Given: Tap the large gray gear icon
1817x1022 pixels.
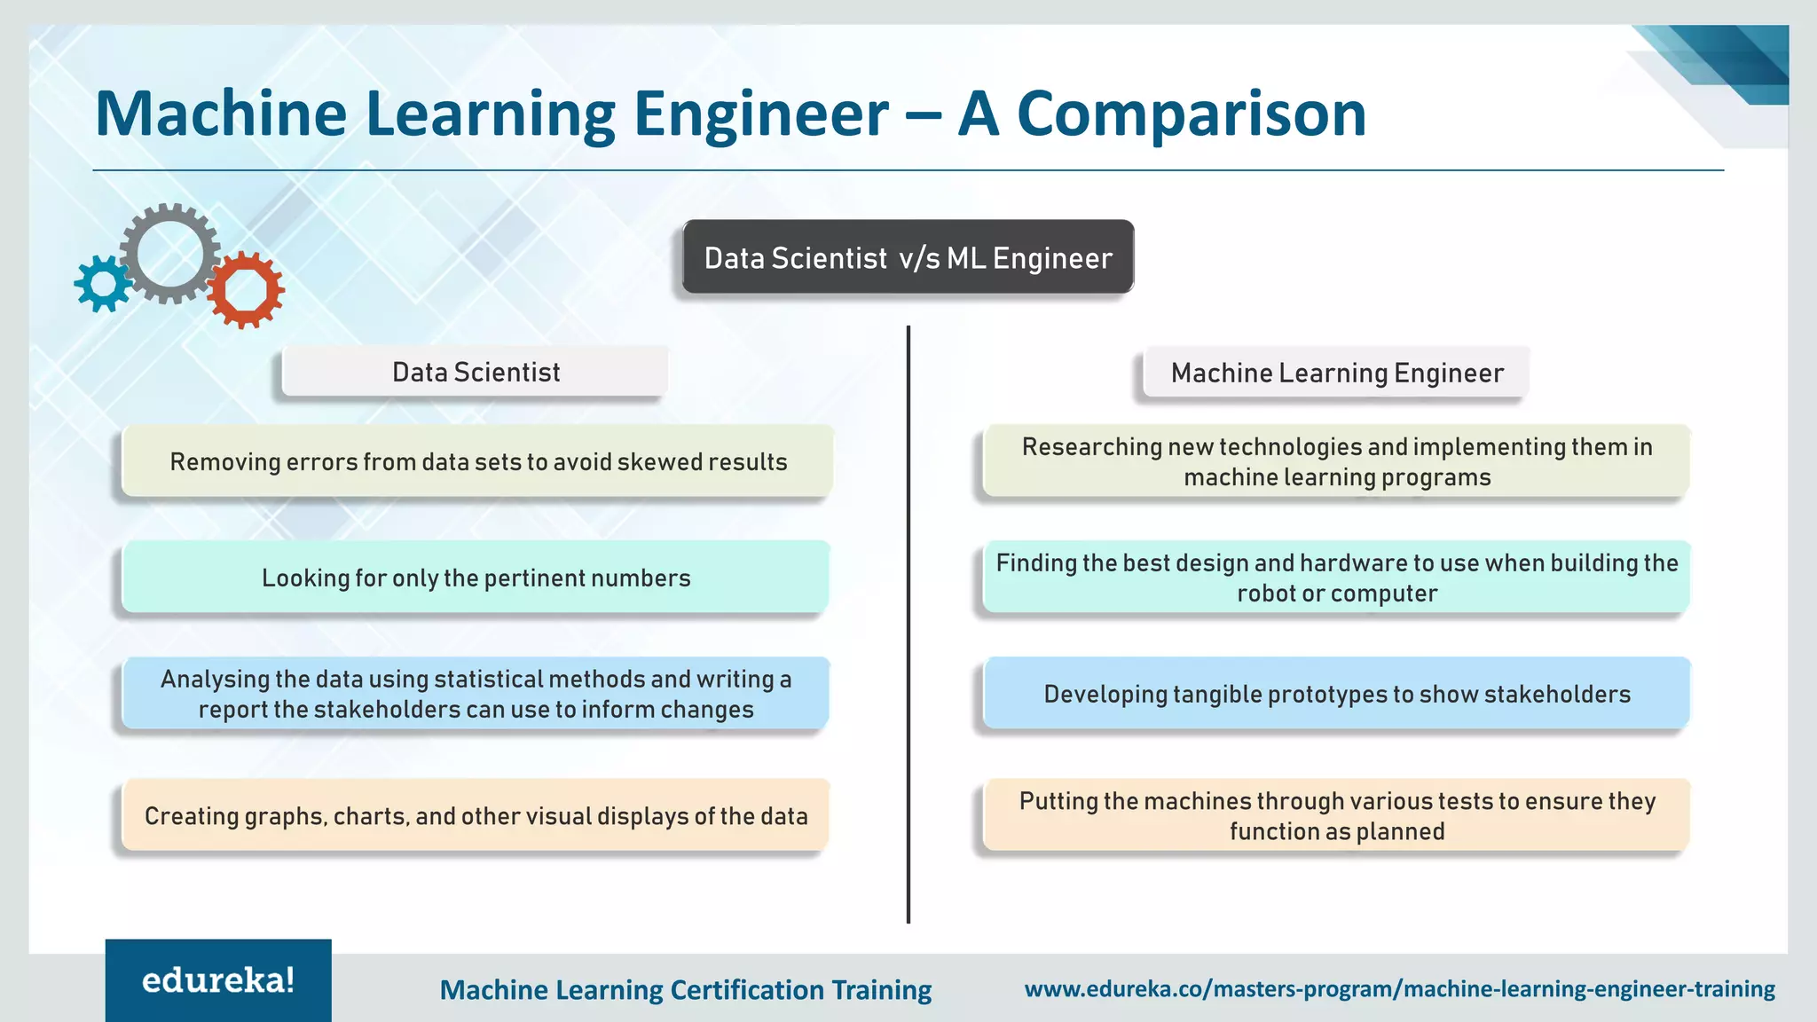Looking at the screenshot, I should pos(169,254).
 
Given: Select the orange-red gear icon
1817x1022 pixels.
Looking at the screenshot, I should pos(246,290).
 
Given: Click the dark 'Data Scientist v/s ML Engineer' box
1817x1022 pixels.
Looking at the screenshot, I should pos(908,257).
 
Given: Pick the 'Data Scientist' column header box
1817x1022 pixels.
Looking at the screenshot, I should pos(476,372).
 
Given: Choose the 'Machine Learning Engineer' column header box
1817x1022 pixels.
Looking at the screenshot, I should pos(1336,373).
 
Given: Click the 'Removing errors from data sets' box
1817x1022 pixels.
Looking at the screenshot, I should pos(477,461).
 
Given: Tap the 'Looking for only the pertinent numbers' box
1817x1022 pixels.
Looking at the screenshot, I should pos(476,578).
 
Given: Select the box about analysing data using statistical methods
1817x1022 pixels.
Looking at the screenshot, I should pos(476,694).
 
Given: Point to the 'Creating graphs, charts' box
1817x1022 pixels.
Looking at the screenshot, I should pos(476,815).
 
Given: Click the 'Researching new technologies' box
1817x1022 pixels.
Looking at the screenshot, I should pos(1336,461).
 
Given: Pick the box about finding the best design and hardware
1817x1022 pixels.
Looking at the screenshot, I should pos(1336,578).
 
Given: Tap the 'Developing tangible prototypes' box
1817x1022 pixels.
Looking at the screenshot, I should pos(1336,694).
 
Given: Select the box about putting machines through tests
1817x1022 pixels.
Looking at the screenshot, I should pos(1336,815).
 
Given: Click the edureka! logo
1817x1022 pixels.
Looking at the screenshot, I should pos(218,980).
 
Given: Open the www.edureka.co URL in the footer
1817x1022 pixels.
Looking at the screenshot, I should pos(1399,988).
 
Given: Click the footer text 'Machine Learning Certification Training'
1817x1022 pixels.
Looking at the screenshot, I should pos(685,989).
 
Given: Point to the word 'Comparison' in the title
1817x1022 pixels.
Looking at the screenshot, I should pos(1191,114).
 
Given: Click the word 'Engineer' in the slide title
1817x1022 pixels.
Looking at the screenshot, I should pos(761,114).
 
